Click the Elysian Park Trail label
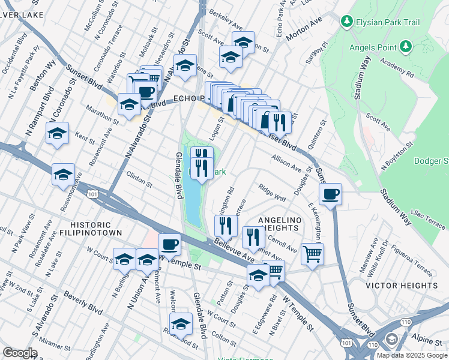(x=382, y=22)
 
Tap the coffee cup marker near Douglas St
(x=330, y=194)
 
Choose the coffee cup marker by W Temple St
(x=169, y=245)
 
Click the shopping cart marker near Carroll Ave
(x=312, y=254)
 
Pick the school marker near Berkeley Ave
(x=243, y=43)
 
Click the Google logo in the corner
(x=20, y=352)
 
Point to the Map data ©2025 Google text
(x=412, y=355)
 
